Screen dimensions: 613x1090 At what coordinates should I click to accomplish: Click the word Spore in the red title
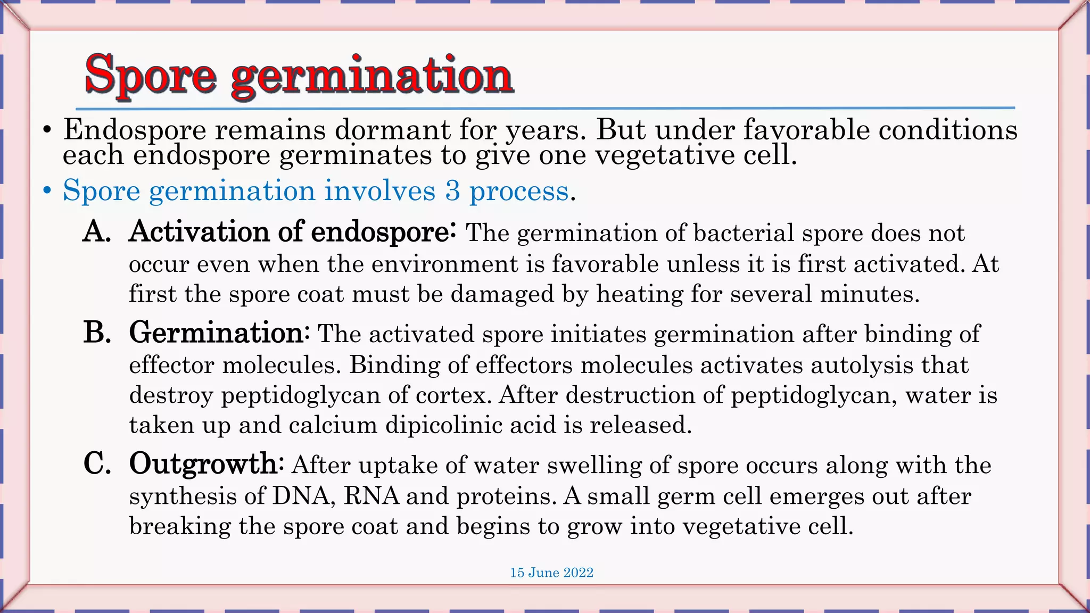(x=151, y=75)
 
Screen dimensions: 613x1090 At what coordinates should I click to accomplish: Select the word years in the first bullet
(x=542, y=130)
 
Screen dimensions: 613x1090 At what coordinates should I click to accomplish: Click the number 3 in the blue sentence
(x=452, y=190)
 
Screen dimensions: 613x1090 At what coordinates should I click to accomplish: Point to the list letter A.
(x=96, y=231)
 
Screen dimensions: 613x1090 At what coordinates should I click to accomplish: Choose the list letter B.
(x=96, y=333)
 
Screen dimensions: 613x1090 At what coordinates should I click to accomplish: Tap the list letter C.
(x=97, y=463)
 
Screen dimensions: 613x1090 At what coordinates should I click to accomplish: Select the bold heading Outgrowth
(x=203, y=463)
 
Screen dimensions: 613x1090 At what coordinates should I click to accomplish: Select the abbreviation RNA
(x=371, y=496)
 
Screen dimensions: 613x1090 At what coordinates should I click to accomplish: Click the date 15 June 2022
(x=551, y=573)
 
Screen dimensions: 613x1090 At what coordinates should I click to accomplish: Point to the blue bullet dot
(x=48, y=190)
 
